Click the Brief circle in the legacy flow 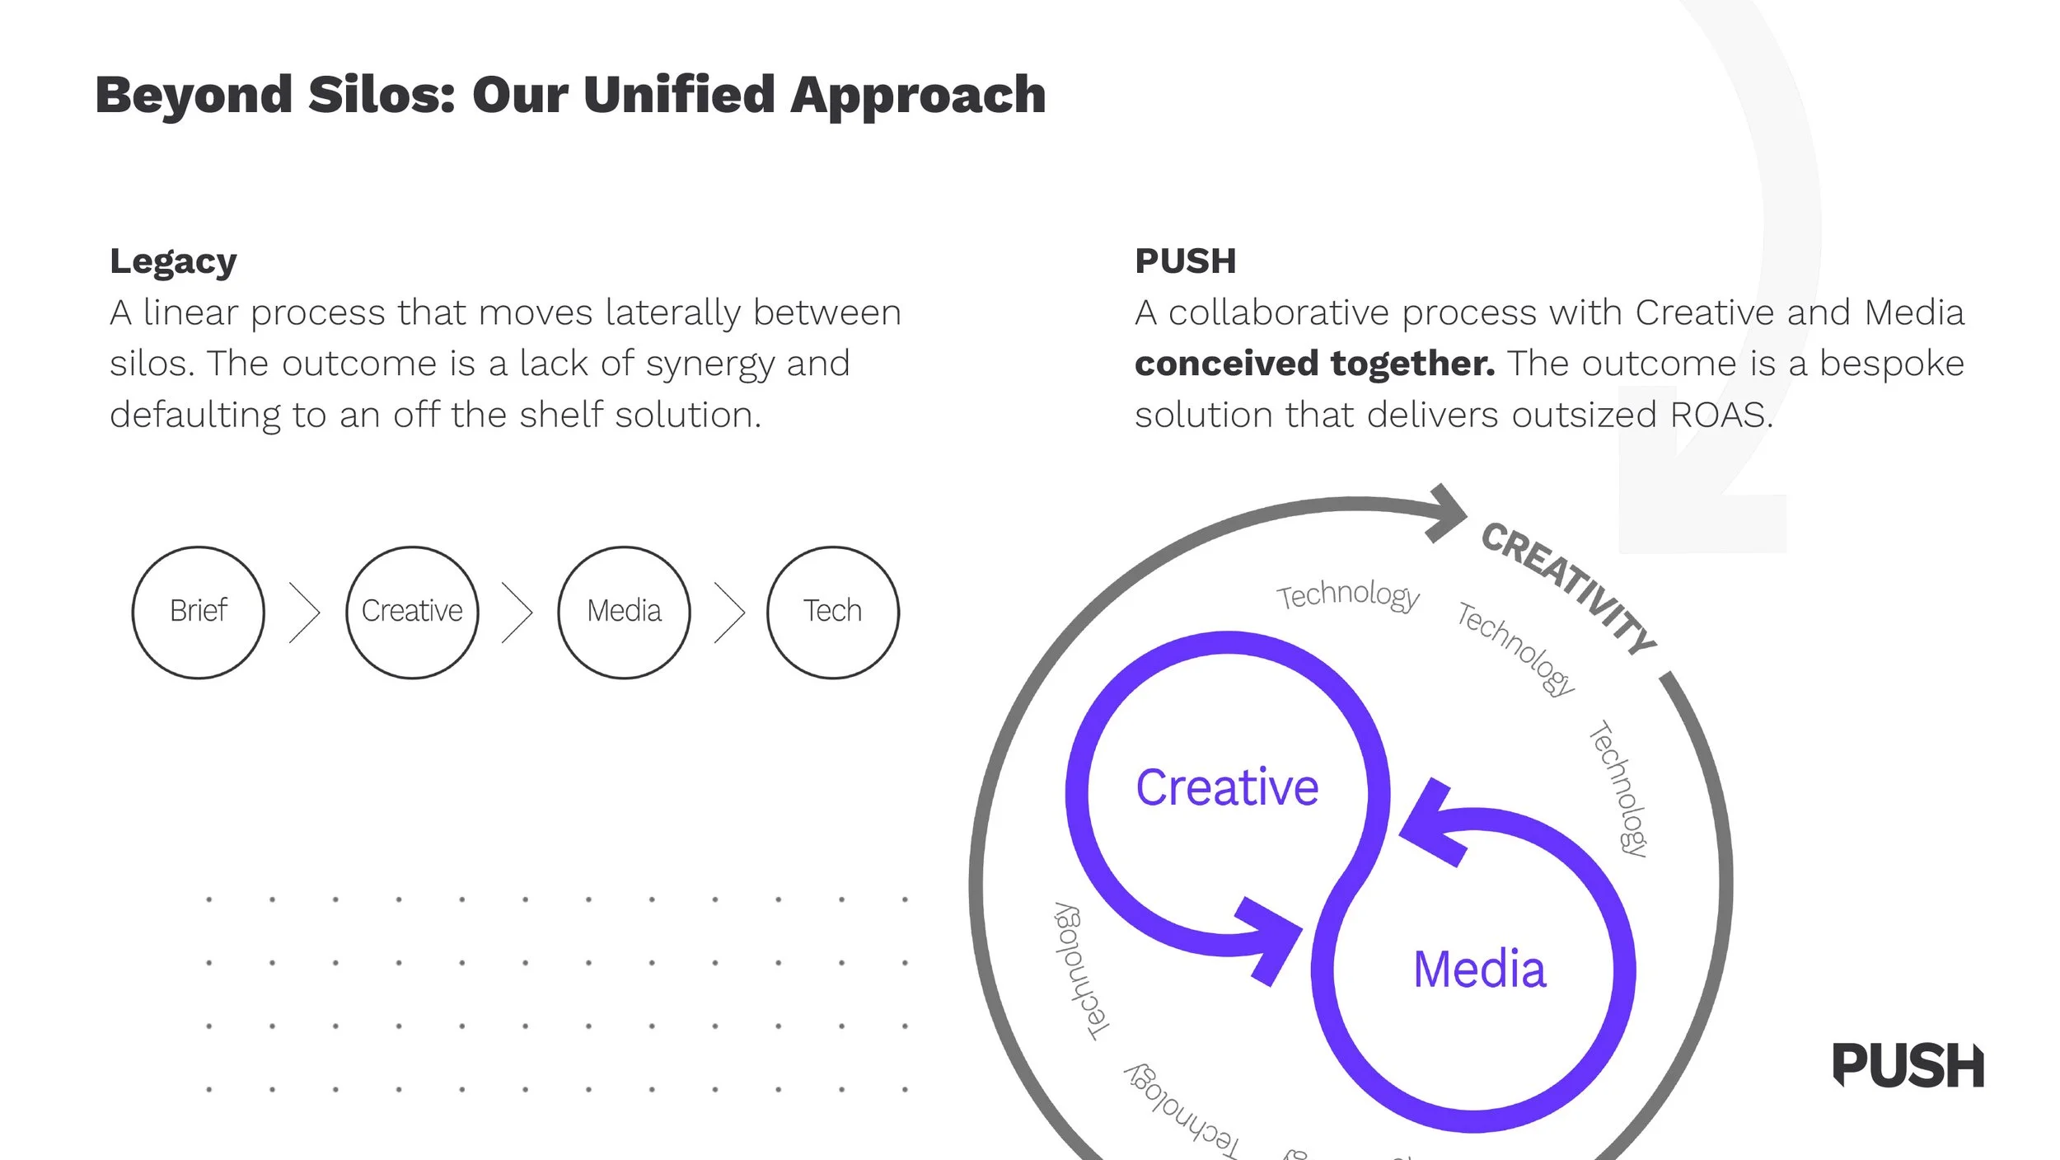199,612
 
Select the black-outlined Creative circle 412,612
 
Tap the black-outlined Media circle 624,612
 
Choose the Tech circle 832,612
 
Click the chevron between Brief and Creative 305,612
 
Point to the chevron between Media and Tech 730,612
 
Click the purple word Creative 1226,787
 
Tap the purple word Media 1479,969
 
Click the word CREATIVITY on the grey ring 1567,587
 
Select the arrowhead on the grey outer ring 1446,513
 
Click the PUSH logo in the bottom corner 1908,1065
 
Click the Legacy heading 173,261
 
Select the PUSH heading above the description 1185,261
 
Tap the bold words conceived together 1314,364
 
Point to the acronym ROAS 1720,415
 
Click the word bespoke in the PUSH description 1891,364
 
